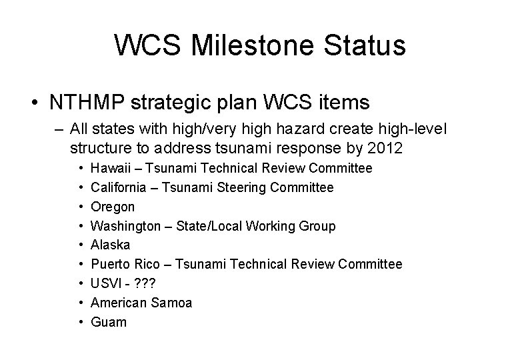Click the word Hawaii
(x=109, y=169)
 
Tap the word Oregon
(x=113, y=207)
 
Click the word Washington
(x=125, y=226)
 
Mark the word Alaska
(x=111, y=245)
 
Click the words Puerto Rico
(x=121, y=265)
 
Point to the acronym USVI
(x=105, y=284)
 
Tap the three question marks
(x=145, y=284)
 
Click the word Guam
(x=109, y=322)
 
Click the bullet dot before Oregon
(x=79, y=207)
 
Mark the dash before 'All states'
(x=58, y=127)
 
